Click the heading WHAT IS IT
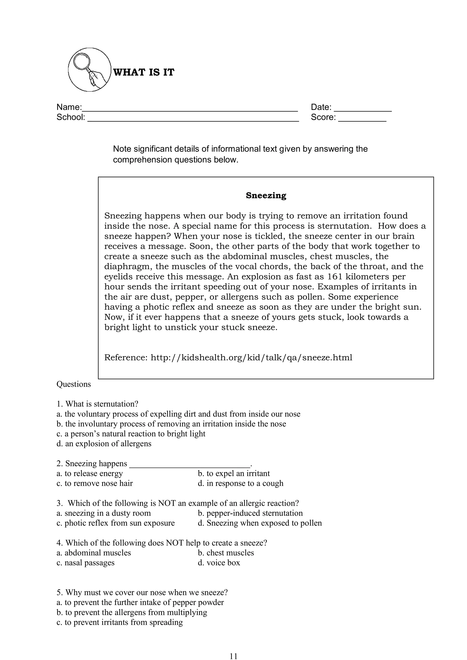(144, 72)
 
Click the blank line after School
(193, 120)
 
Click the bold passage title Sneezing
(266, 195)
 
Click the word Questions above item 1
(74, 384)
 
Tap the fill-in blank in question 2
(190, 464)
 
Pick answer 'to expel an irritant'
(234, 473)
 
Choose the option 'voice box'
(219, 562)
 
